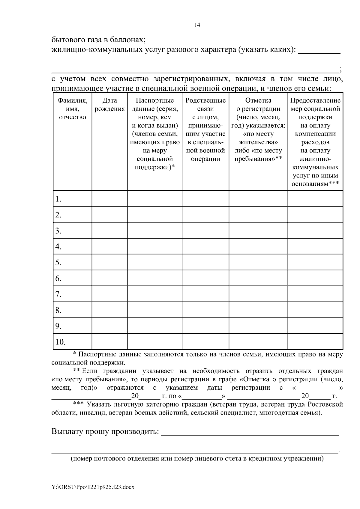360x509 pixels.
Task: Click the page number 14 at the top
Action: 197,25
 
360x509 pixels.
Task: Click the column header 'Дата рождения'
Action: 109,105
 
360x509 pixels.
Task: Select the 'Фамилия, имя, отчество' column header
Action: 72,109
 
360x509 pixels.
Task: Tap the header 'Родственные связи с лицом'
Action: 205,129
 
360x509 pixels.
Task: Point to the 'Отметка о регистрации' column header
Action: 258,129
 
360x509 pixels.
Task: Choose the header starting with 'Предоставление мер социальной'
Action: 315,142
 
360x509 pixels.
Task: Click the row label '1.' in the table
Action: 59,199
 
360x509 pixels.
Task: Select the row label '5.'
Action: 59,263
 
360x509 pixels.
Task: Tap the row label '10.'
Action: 61,342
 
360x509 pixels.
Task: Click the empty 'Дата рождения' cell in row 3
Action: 109,231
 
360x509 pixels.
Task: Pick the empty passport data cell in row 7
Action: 154,294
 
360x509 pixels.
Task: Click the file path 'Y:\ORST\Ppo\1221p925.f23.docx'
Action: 93,487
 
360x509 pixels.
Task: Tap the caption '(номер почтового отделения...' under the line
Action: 197,459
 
